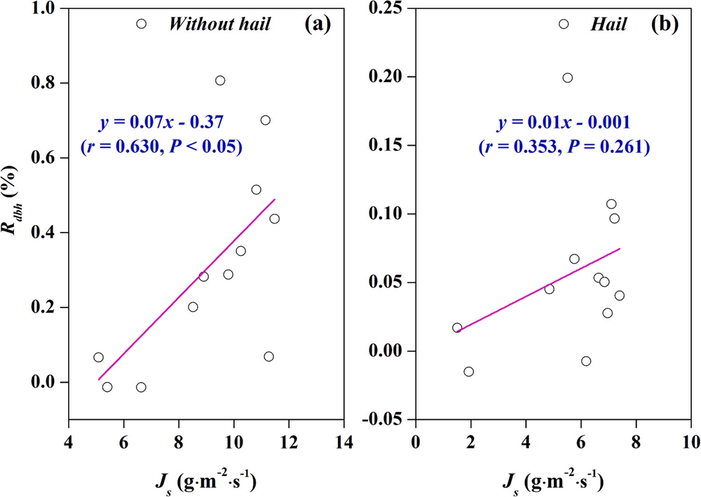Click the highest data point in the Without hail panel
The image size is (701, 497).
tap(141, 24)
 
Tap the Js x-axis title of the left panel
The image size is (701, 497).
tap(205, 482)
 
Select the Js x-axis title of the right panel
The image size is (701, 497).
tap(554, 482)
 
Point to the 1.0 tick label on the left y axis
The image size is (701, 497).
tap(48, 9)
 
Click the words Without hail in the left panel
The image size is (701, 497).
tap(219, 24)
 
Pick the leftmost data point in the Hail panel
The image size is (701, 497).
tap(457, 327)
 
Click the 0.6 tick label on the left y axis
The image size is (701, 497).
tap(48, 158)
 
